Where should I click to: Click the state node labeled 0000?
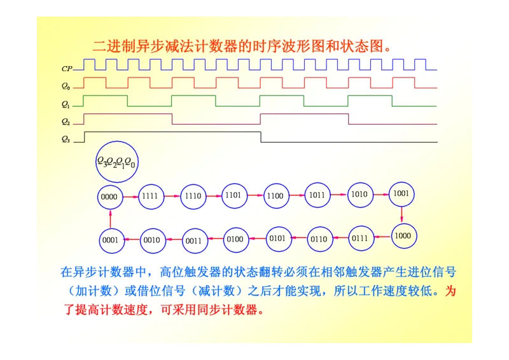(109, 197)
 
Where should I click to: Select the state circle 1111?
(150, 196)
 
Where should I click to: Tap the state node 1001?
(401, 193)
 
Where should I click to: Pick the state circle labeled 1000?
(402, 235)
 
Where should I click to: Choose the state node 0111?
(360, 239)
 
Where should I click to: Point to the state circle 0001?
(110, 240)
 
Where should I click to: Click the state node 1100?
(275, 196)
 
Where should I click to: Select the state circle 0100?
(235, 239)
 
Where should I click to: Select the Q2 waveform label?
(66, 121)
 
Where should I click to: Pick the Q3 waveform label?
(66, 139)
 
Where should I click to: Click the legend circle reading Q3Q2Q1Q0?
(117, 162)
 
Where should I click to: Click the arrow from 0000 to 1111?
(130, 197)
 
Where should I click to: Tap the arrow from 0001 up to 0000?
(110, 218)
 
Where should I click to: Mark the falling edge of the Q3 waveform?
(261, 137)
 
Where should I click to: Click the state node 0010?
(151, 240)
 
